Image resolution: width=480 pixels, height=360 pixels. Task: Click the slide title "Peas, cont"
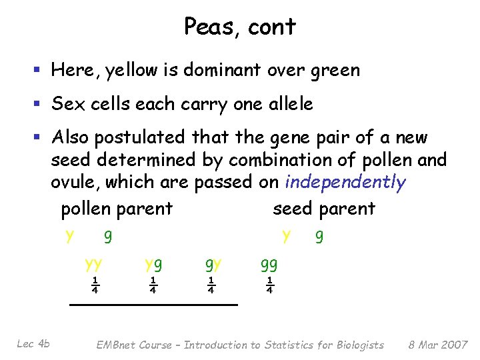239,27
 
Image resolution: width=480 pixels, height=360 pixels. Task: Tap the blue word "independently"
345,183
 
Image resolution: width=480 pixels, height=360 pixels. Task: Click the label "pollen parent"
117,209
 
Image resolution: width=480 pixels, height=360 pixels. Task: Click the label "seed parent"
324,209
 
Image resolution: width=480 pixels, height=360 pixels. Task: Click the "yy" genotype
94,264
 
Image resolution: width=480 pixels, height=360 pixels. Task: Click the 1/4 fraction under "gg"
269,285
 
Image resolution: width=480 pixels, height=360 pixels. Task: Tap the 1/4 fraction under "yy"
95,285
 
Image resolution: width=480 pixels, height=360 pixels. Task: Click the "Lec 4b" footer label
33,344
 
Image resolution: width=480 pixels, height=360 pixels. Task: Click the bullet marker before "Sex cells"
41,105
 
